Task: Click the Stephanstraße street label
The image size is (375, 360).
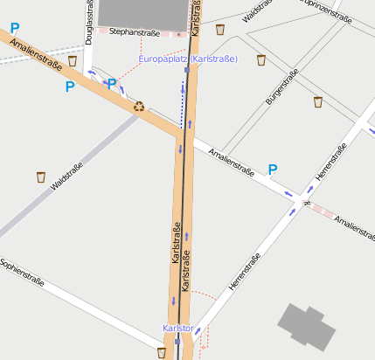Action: tap(134, 31)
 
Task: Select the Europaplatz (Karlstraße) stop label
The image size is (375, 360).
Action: tap(188, 59)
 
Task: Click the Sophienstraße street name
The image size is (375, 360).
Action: tap(22, 273)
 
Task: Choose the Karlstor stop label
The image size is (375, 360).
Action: tap(177, 328)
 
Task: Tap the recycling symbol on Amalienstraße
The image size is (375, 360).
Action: tap(139, 107)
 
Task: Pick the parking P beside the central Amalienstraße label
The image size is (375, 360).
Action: tap(273, 169)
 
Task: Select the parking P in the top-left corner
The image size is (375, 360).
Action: tap(15, 29)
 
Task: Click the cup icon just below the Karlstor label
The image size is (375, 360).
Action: tap(161, 352)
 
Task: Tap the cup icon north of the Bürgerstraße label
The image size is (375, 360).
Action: tap(261, 59)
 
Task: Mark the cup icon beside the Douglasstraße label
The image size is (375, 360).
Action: tap(72, 61)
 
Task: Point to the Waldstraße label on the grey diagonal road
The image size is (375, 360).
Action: tap(67, 177)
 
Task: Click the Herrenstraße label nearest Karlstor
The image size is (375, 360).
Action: tap(244, 272)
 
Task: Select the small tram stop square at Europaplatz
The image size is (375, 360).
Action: tap(187, 70)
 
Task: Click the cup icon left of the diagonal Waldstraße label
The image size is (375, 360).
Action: tap(41, 177)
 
